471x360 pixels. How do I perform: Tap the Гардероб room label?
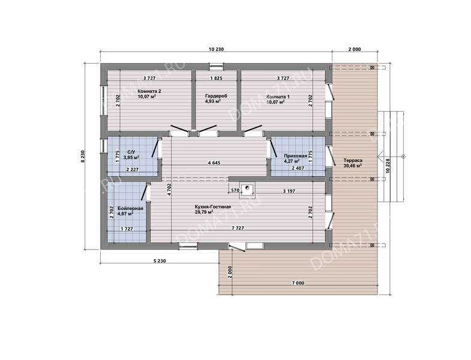(x=216, y=96)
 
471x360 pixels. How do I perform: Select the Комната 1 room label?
(x=278, y=97)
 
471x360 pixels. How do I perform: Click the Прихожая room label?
(x=295, y=155)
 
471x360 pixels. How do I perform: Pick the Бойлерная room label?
(x=130, y=208)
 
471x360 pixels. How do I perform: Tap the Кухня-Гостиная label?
(x=212, y=207)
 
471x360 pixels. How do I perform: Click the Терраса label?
(x=353, y=160)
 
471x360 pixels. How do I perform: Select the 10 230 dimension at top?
(x=216, y=49)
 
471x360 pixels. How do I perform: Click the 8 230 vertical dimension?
(x=83, y=157)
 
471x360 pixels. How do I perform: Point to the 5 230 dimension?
(x=160, y=261)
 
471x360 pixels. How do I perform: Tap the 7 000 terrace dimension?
(x=298, y=283)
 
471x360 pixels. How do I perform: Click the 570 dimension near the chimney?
(x=235, y=191)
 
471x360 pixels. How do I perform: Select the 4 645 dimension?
(x=214, y=163)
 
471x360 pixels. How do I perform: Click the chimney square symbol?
(x=247, y=190)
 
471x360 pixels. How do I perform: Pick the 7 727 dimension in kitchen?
(x=238, y=228)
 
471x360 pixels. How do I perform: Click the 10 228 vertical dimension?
(x=388, y=166)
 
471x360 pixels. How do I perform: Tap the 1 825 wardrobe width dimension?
(x=216, y=78)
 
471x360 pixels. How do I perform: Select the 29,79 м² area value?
(x=204, y=212)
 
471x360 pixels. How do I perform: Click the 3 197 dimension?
(x=289, y=191)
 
